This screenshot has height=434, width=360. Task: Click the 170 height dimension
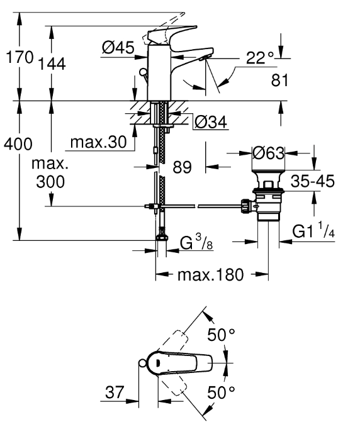[x=20, y=58]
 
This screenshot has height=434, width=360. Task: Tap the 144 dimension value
[x=52, y=64]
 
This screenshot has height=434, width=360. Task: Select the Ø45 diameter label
[x=118, y=47]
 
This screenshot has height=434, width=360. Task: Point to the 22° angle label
[x=260, y=58]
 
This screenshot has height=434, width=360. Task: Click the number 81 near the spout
[x=279, y=81]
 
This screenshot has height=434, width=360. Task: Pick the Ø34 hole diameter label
[x=211, y=122]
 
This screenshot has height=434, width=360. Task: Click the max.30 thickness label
[x=99, y=142]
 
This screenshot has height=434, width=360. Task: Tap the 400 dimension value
[x=18, y=144]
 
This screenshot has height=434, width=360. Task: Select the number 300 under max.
[x=50, y=182]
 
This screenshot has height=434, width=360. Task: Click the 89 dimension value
[x=183, y=167]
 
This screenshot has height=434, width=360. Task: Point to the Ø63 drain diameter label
[x=269, y=153]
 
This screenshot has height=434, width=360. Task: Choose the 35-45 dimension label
[x=313, y=181]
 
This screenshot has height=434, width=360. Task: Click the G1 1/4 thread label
[x=313, y=231]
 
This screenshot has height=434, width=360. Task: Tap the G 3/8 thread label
[x=196, y=242]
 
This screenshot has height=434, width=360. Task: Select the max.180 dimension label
[x=211, y=275]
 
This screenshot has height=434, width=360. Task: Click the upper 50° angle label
[x=222, y=335]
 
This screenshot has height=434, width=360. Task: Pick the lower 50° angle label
[x=222, y=392]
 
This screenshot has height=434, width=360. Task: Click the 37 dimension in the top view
[x=115, y=392]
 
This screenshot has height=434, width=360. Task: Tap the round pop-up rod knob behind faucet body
[x=143, y=73]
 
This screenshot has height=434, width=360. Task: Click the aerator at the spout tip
[x=205, y=58]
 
